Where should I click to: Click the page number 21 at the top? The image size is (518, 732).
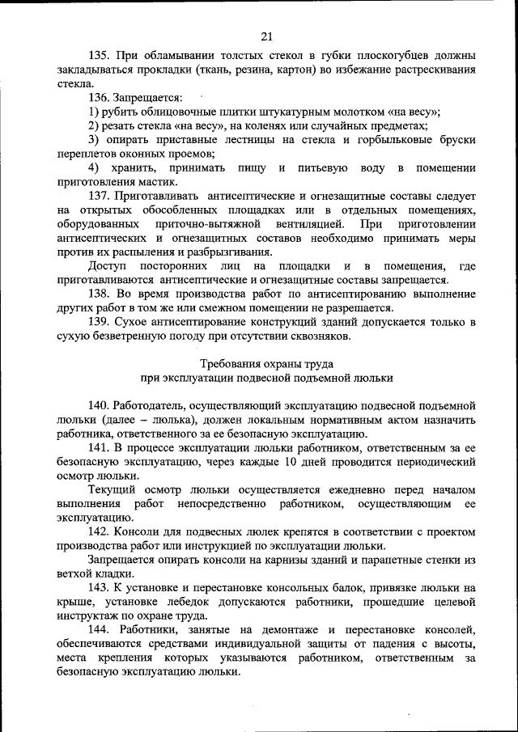(267, 35)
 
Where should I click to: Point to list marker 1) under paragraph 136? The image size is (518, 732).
(94, 112)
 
